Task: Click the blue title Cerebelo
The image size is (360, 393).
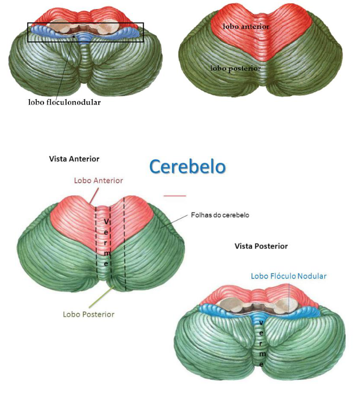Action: tap(187, 167)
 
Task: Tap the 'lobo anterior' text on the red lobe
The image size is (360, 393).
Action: tap(246, 27)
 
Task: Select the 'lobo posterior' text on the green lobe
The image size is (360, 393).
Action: tap(235, 69)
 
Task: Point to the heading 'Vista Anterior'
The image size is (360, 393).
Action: tap(74, 159)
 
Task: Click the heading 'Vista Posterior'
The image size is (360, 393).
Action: tap(261, 246)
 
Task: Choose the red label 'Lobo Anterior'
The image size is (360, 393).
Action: tap(98, 181)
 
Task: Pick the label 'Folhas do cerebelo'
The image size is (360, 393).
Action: tap(220, 216)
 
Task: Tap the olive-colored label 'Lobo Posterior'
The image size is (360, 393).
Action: tap(88, 314)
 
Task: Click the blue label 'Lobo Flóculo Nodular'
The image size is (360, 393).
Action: tap(289, 276)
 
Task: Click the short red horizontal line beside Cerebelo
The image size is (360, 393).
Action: tap(175, 195)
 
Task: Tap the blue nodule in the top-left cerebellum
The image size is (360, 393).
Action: tap(85, 39)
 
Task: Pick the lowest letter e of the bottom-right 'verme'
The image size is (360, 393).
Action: tap(261, 364)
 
